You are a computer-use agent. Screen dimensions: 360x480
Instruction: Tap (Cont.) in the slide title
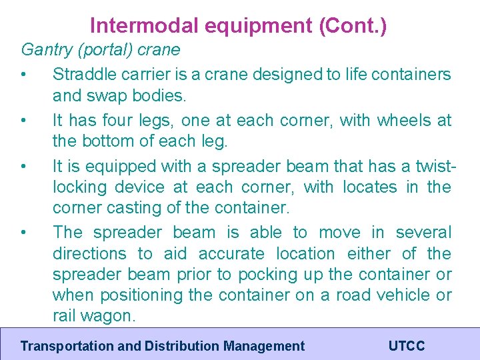[x=353, y=25]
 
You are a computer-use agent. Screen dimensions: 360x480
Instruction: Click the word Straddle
[x=80, y=74]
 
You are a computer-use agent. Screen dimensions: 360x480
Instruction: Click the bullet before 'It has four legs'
[x=24, y=121]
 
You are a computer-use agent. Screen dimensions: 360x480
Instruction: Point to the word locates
[x=369, y=187]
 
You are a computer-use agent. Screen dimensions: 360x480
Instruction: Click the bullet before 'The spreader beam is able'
[x=24, y=233]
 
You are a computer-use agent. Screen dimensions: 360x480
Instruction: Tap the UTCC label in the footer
[x=406, y=346]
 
